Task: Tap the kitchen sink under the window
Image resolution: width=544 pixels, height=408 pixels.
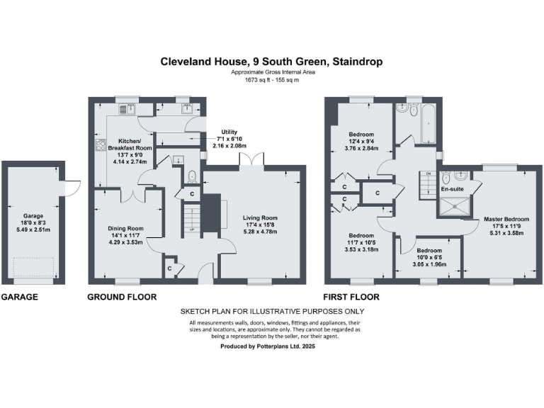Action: coord(129,108)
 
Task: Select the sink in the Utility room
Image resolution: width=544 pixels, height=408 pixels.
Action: coord(187,108)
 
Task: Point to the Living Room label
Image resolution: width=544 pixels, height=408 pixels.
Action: coord(260,218)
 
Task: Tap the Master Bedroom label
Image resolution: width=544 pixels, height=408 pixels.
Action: coord(506,218)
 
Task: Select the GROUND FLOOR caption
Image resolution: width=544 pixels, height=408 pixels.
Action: coord(121,297)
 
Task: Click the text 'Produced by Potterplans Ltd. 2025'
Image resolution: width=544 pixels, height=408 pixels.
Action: coord(271,346)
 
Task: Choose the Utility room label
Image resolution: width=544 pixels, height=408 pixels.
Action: coord(229,132)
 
